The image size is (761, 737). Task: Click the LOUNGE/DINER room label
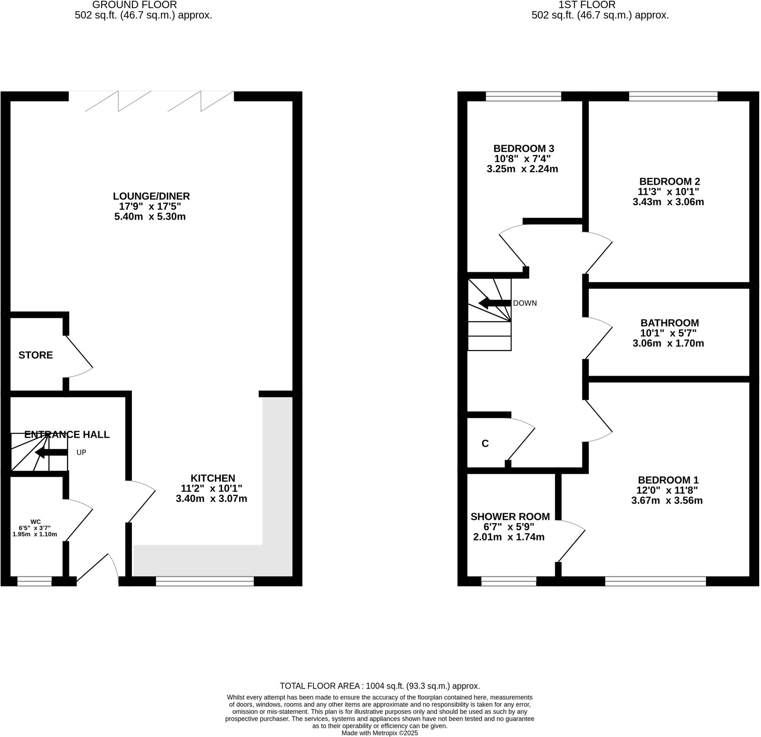(152, 196)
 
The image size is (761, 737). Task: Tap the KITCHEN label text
(213, 478)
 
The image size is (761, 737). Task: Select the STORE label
(36, 355)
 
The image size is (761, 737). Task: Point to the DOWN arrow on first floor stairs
(495, 303)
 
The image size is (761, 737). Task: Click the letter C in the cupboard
(485, 444)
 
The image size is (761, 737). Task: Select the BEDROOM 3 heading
(524, 148)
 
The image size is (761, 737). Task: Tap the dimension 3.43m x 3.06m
(668, 202)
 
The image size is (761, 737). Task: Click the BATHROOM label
(669, 323)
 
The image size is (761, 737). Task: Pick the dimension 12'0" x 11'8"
(667, 490)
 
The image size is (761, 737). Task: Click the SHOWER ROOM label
(510, 517)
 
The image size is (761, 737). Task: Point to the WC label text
(35, 522)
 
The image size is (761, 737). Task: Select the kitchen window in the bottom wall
(205, 581)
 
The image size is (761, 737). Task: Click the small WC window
(34, 581)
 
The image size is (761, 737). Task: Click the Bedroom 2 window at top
(673, 96)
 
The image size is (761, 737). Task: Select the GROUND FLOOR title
(135, 5)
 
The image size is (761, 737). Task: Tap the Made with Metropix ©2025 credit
(379, 733)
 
